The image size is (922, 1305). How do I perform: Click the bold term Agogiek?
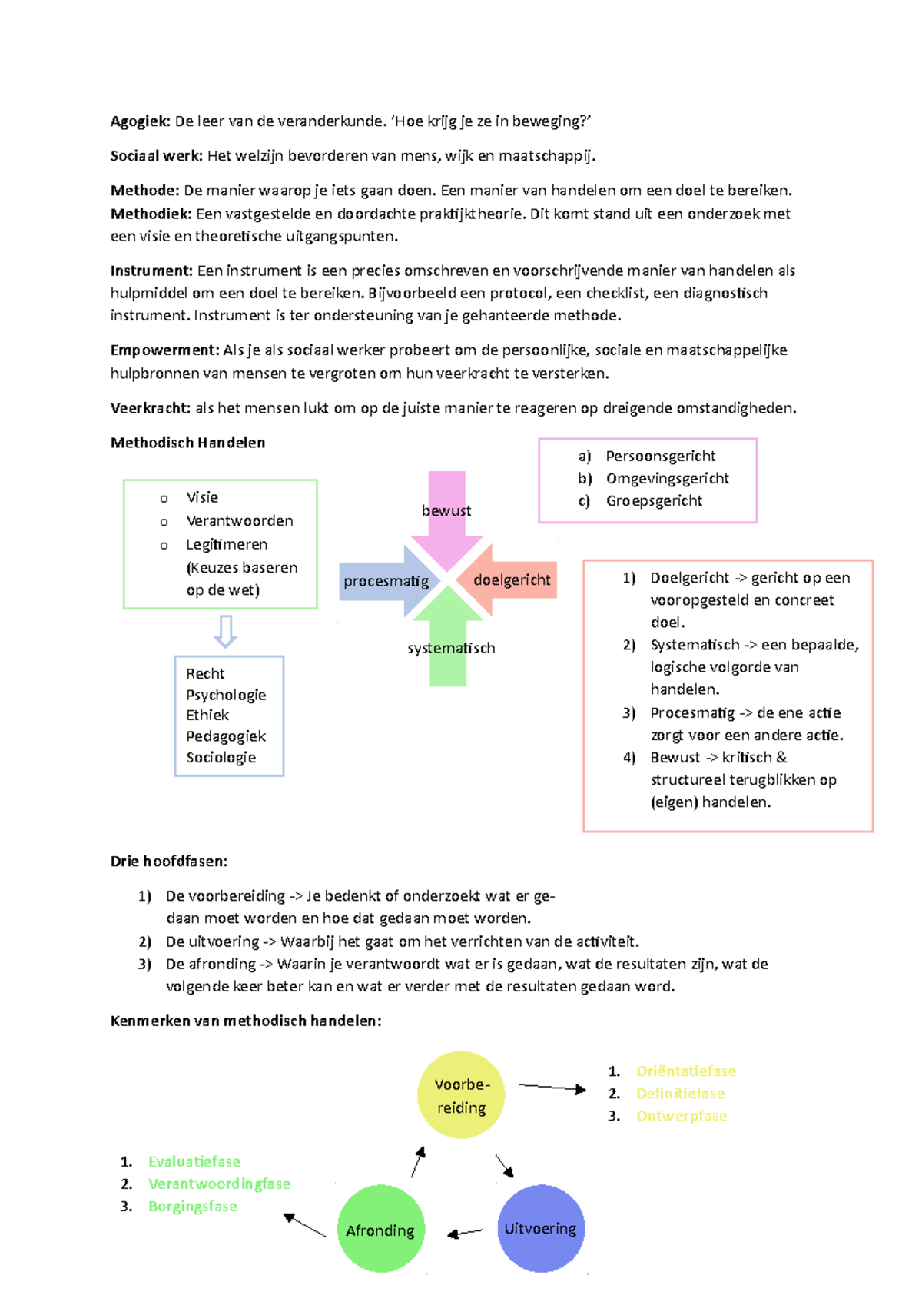(x=139, y=121)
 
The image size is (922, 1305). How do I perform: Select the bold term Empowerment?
(x=164, y=350)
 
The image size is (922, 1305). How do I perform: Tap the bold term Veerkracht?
(x=150, y=408)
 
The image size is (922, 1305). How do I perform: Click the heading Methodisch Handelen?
(x=187, y=443)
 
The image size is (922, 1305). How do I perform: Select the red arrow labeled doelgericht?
(x=510, y=580)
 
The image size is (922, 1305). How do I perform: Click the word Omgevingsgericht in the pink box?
(x=667, y=478)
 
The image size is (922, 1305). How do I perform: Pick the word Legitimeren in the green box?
(x=227, y=544)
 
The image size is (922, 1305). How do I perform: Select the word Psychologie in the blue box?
(x=226, y=695)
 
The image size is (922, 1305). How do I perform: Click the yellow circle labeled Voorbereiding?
(x=461, y=1095)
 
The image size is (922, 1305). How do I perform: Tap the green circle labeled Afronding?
(x=380, y=1230)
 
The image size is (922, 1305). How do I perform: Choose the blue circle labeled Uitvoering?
(x=541, y=1228)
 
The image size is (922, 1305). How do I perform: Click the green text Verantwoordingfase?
(x=219, y=1184)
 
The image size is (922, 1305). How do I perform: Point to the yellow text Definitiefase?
(x=680, y=1094)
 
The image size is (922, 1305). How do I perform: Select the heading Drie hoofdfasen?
(x=168, y=862)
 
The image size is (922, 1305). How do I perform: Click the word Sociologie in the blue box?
(x=221, y=758)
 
